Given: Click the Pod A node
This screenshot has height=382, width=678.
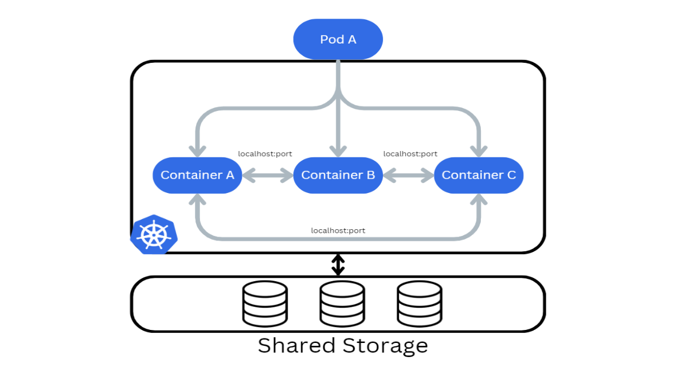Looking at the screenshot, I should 338,39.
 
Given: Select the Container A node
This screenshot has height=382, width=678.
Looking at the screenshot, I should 197,175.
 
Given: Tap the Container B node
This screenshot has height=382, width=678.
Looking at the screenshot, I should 338,175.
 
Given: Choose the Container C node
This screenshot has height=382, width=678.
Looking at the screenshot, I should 479,175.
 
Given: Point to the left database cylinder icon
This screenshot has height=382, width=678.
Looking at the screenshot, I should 265,304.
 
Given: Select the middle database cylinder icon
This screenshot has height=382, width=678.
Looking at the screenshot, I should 342,304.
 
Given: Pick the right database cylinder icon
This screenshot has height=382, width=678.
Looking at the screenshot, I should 419,304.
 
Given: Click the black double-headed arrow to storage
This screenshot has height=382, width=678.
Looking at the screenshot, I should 338,264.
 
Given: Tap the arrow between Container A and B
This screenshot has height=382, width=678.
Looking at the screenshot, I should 268,175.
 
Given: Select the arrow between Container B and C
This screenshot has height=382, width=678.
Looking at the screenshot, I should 408,175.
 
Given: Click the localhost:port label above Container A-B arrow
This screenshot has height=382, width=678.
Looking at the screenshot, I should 265,154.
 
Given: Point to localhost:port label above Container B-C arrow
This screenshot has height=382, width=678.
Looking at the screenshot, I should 410,154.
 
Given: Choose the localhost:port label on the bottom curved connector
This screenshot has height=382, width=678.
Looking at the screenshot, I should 338,230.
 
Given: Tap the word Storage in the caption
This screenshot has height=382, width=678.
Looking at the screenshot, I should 385,345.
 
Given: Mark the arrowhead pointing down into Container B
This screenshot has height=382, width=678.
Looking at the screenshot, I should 338,151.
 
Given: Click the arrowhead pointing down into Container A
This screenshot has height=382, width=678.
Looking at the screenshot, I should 197,151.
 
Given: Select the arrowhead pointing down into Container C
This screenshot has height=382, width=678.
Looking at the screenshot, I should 479,151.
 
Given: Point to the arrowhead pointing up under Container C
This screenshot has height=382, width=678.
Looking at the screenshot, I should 479,200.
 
